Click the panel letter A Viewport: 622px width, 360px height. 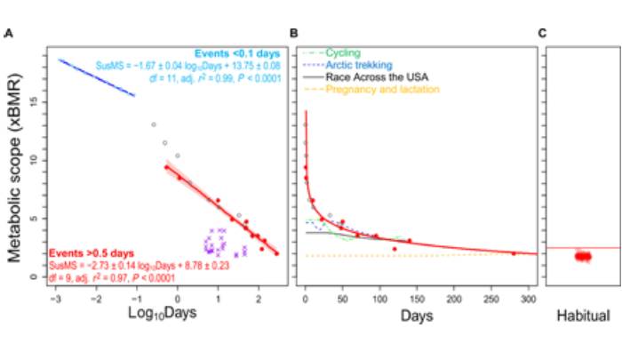(8, 34)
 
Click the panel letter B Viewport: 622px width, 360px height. (294, 34)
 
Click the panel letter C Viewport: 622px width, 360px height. (542, 34)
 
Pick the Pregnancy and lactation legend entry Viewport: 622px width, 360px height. (382, 90)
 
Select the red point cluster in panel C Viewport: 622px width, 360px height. (583, 256)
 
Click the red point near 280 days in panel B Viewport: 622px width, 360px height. (514, 253)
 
